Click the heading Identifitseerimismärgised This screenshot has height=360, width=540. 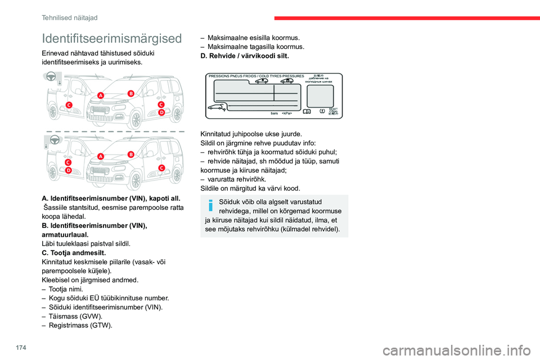click(112, 38)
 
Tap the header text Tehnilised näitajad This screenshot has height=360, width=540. click(70, 17)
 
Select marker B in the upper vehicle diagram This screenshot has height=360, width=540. click(130, 93)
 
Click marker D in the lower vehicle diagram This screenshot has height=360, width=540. click(68, 169)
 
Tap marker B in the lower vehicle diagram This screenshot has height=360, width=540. click(130, 154)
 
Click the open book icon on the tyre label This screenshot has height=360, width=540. click(307, 111)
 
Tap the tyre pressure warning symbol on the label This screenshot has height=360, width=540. click(322, 111)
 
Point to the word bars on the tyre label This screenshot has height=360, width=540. click(275, 113)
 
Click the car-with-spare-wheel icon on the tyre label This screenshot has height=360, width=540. click(217, 107)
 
